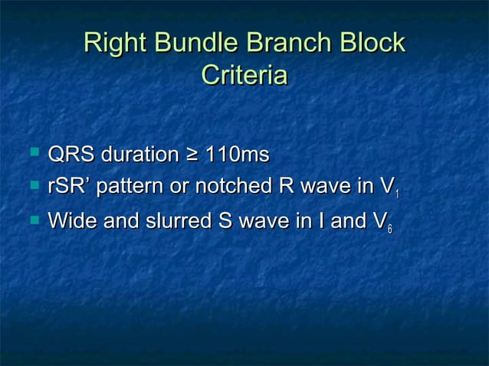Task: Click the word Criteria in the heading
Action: coord(244,76)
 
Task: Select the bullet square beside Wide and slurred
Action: coord(33,220)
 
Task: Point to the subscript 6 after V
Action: coord(390,230)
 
